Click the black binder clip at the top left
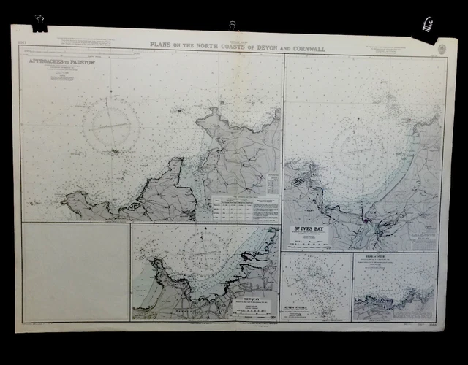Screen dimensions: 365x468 38,26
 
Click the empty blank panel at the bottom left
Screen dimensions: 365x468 75,271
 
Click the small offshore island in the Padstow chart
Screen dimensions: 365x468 115,152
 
